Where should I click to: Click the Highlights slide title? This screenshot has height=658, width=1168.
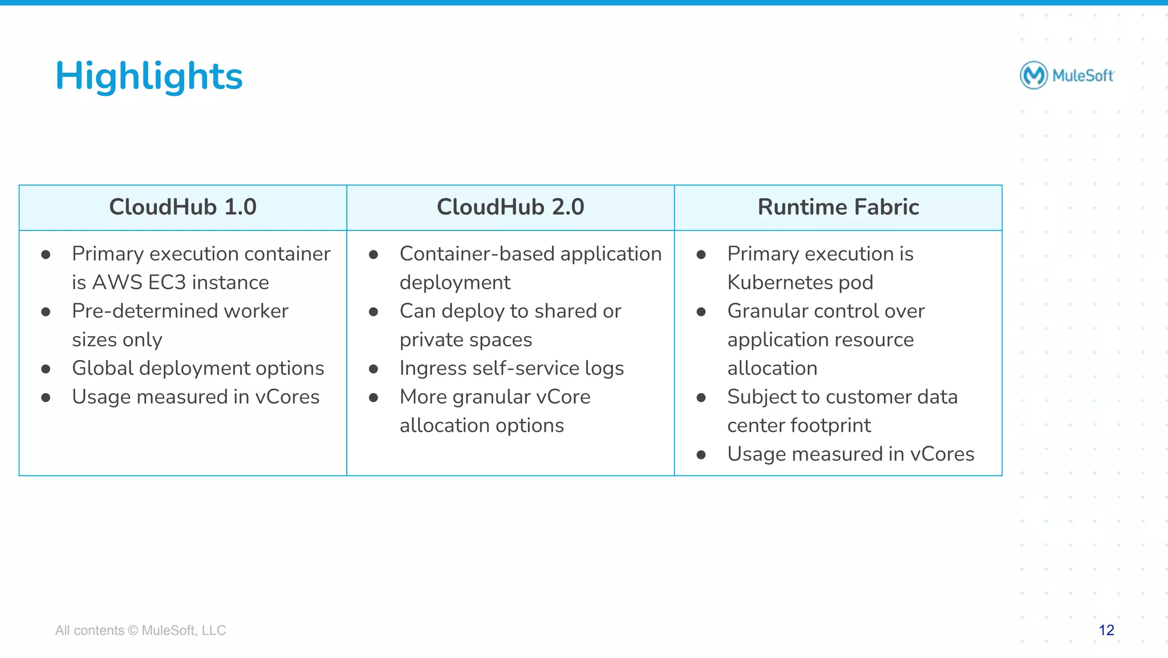(149, 76)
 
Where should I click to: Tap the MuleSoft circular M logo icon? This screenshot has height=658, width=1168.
(1033, 75)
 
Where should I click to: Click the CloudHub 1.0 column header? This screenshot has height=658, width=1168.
(182, 207)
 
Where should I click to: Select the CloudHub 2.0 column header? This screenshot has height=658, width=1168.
(510, 207)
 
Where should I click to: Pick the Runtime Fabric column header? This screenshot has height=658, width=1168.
(838, 207)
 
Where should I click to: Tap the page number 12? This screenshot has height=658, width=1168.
(1106, 630)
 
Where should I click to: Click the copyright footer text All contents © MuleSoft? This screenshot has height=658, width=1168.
(140, 630)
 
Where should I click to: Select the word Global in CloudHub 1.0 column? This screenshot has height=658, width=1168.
(102, 368)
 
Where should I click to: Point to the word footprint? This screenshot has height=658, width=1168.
(838, 426)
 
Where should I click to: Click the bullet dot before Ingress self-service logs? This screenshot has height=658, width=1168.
(374, 369)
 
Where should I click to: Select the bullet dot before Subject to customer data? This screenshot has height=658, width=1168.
(701, 398)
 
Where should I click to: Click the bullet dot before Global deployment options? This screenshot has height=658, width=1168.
(46, 369)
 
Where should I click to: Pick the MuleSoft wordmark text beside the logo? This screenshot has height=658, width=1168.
(1082, 75)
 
